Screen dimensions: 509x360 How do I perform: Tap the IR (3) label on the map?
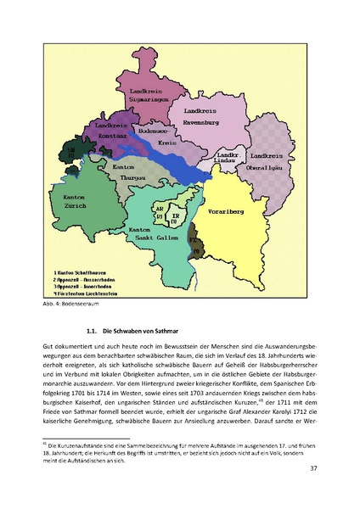pyautogui.click(x=177, y=216)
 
